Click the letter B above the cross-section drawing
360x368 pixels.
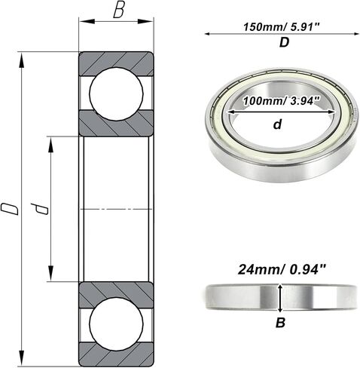tap(117, 11)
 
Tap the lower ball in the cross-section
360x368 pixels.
tap(116, 324)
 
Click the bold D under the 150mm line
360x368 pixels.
tap(283, 43)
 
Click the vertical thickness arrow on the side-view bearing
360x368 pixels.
tap(280, 297)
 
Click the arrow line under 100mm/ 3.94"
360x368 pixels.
tap(276, 111)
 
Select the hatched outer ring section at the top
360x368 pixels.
tap(116, 60)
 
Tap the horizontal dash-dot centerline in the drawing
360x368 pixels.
tap(116, 208)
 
